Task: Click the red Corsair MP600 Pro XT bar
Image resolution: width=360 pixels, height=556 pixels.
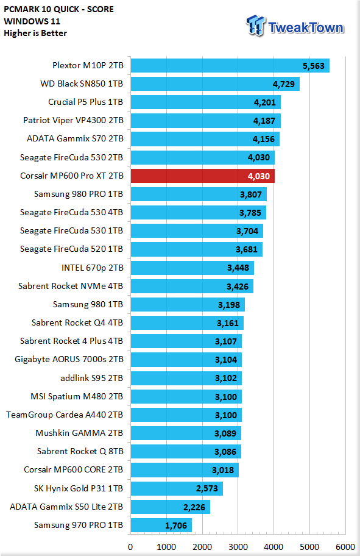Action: tap(203, 176)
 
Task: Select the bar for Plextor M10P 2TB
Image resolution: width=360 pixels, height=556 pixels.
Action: tap(230, 66)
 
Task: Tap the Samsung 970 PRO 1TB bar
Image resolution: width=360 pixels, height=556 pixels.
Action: tap(161, 525)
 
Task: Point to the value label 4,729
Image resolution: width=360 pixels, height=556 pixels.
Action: tap(283, 84)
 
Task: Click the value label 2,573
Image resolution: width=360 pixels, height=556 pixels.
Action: tap(207, 488)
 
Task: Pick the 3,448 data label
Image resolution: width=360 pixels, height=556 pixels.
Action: tap(238, 268)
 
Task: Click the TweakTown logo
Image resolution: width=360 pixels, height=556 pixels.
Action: tap(295, 26)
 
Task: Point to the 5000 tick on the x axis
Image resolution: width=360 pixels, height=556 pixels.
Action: tap(309, 547)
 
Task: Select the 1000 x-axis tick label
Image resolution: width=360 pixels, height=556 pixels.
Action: tap(166, 547)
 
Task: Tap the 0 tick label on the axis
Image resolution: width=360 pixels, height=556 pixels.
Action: tap(130, 547)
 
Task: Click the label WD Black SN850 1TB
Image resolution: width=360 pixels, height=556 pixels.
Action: tap(82, 84)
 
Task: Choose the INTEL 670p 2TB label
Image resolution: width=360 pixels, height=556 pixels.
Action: tap(92, 268)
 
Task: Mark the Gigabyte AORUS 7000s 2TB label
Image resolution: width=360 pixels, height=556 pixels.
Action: tap(69, 359)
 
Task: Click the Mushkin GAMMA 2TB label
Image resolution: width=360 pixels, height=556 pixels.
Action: tap(79, 433)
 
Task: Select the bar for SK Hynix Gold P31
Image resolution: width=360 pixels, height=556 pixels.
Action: tap(177, 488)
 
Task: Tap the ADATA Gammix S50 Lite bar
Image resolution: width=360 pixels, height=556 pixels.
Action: tap(171, 507)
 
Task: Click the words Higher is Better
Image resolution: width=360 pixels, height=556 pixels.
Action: tap(35, 33)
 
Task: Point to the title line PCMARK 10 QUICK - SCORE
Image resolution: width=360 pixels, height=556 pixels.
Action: tap(59, 9)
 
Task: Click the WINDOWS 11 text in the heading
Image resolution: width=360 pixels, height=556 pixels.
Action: tap(32, 21)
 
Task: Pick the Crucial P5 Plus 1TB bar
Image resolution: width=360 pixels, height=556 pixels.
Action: tap(205, 102)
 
